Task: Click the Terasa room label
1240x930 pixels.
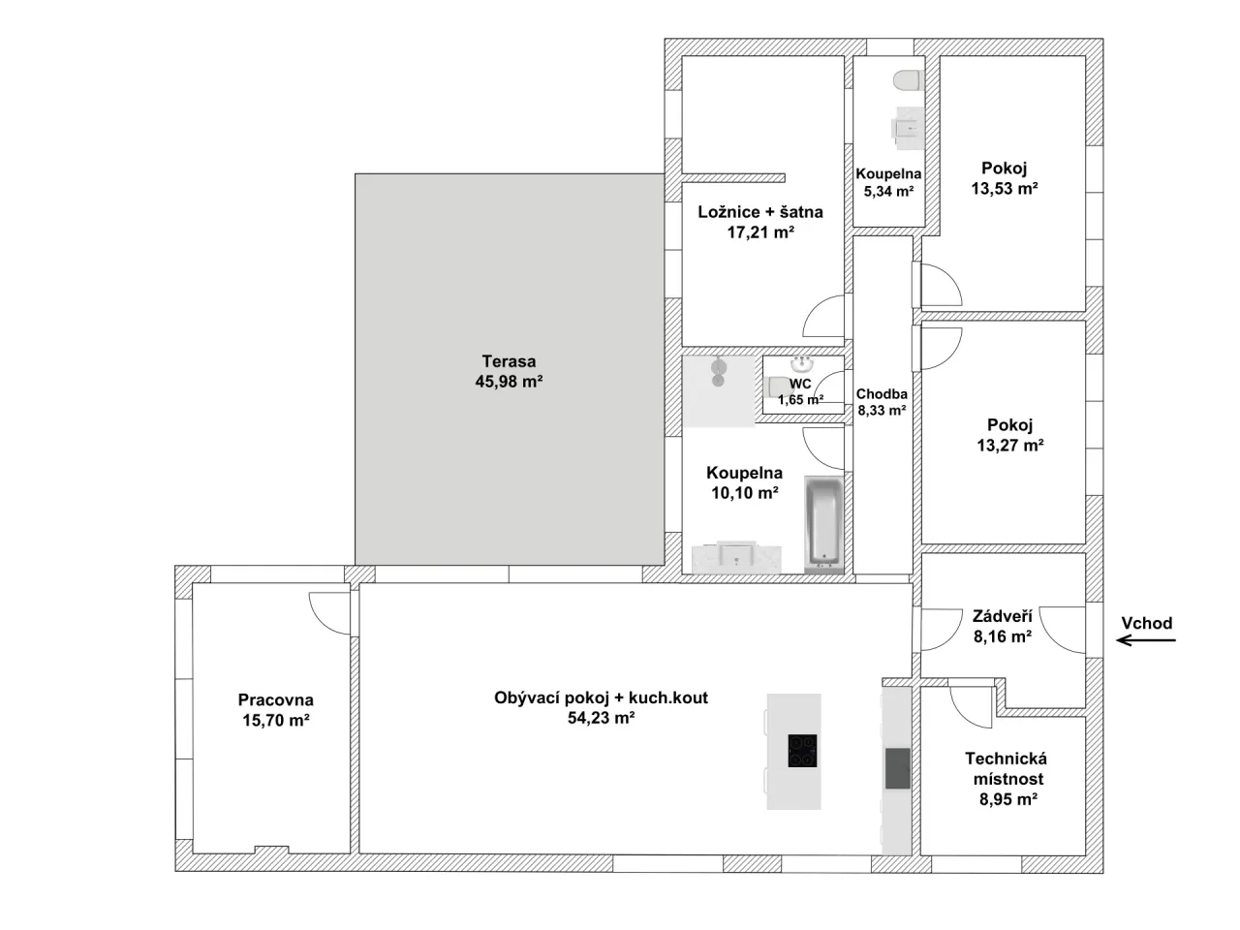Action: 509,361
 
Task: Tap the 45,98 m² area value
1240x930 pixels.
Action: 509,382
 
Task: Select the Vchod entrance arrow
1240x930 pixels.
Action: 1146,640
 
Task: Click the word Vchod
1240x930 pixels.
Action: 1147,623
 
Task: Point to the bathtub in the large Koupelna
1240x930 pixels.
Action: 823,522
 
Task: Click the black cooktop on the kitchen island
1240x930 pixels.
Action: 802,751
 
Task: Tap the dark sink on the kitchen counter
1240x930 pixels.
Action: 897,768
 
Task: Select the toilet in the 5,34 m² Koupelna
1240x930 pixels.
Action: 908,80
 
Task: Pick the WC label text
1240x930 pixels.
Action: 800,384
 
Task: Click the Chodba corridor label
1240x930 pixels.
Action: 882,394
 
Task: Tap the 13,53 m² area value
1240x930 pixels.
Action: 1005,188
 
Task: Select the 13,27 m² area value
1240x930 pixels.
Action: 1010,445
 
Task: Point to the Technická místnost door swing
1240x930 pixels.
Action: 971,707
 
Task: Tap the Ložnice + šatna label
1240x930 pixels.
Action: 759,212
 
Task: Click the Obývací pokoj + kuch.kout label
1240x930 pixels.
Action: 601,697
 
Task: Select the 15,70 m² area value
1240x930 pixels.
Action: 276,720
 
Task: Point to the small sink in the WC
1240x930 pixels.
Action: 801,362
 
